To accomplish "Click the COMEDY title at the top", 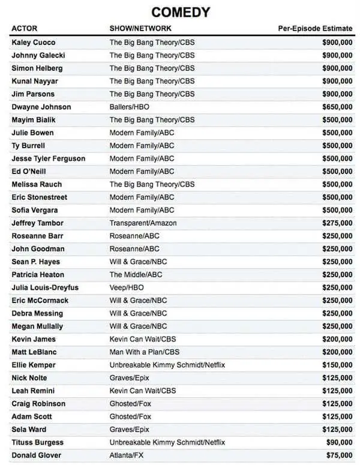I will [181, 12].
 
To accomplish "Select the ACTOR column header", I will [25, 28].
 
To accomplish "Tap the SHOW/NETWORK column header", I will [140, 28].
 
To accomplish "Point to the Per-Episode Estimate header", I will [315, 28].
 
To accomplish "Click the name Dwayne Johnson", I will [41, 107].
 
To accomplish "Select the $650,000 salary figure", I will [337, 107].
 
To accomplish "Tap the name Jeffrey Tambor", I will [38, 223].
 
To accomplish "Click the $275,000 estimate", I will [337, 223].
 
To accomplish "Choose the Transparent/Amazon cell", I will [143, 223].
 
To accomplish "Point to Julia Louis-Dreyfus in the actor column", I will [45, 287].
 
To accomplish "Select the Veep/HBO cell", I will [127, 287].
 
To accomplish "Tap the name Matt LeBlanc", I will [34, 352].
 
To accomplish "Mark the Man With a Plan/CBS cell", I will [144, 352].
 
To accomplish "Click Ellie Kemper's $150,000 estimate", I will [337, 365].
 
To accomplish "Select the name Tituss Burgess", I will [37, 442].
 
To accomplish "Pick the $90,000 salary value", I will [339, 442].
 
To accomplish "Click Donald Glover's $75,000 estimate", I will [339, 455].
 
